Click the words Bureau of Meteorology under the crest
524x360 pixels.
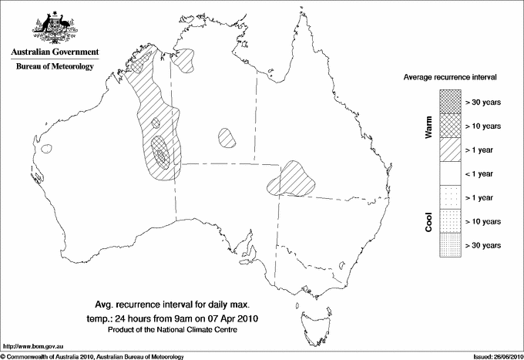pyautogui.click(x=54, y=66)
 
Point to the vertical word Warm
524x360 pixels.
pyautogui.click(x=429, y=127)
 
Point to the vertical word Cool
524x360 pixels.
pyautogui.click(x=429, y=222)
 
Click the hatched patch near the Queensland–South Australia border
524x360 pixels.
pyautogui.click(x=292, y=180)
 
